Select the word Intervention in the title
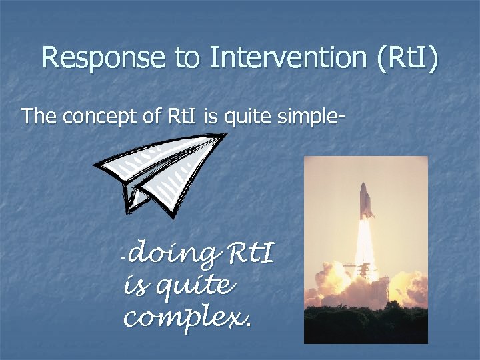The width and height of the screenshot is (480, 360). pos(287,59)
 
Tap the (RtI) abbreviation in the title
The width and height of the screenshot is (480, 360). pos(405,59)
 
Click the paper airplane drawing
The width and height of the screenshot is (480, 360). pos(160,173)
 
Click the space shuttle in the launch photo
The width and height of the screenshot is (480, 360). pos(366,200)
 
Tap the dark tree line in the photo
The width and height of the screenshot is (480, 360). pos(365,327)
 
